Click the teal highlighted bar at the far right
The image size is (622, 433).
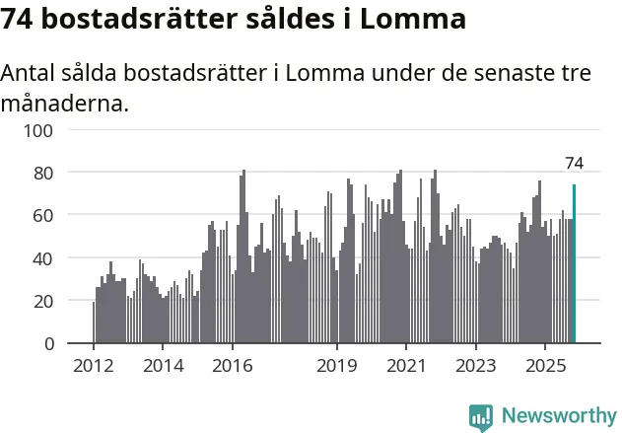574,263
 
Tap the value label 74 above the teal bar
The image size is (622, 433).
574,163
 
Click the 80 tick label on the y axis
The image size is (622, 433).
44,173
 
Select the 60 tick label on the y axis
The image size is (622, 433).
44,215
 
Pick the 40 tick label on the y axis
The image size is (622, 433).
44,258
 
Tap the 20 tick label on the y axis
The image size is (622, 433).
44,301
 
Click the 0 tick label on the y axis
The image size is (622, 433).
49,343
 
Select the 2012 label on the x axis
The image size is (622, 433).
94,366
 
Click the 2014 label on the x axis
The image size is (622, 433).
163,366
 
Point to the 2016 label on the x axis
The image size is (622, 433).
232,366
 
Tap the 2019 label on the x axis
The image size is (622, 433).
336,366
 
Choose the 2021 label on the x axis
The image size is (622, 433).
405,366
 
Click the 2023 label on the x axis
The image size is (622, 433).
475,366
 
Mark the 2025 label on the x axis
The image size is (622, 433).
544,366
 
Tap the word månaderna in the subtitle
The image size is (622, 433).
65,103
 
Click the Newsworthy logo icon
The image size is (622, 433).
481,416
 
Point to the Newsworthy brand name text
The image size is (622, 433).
558,416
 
